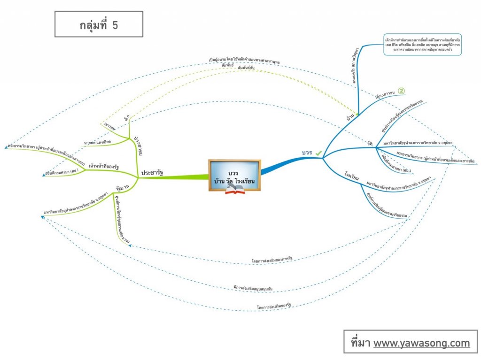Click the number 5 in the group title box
[x=115, y=25]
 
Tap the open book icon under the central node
[x=235, y=189]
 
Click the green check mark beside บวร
[x=319, y=153]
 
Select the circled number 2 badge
[x=402, y=91]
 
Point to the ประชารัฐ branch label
[x=152, y=173]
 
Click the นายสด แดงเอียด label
[x=96, y=142]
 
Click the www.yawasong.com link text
[x=421, y=343]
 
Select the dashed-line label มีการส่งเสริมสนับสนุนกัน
[x=254, y=287]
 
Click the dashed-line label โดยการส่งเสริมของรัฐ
[x=274, y=306]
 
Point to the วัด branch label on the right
[x=370, y=142]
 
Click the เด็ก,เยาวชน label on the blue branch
[x=385, y=96]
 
